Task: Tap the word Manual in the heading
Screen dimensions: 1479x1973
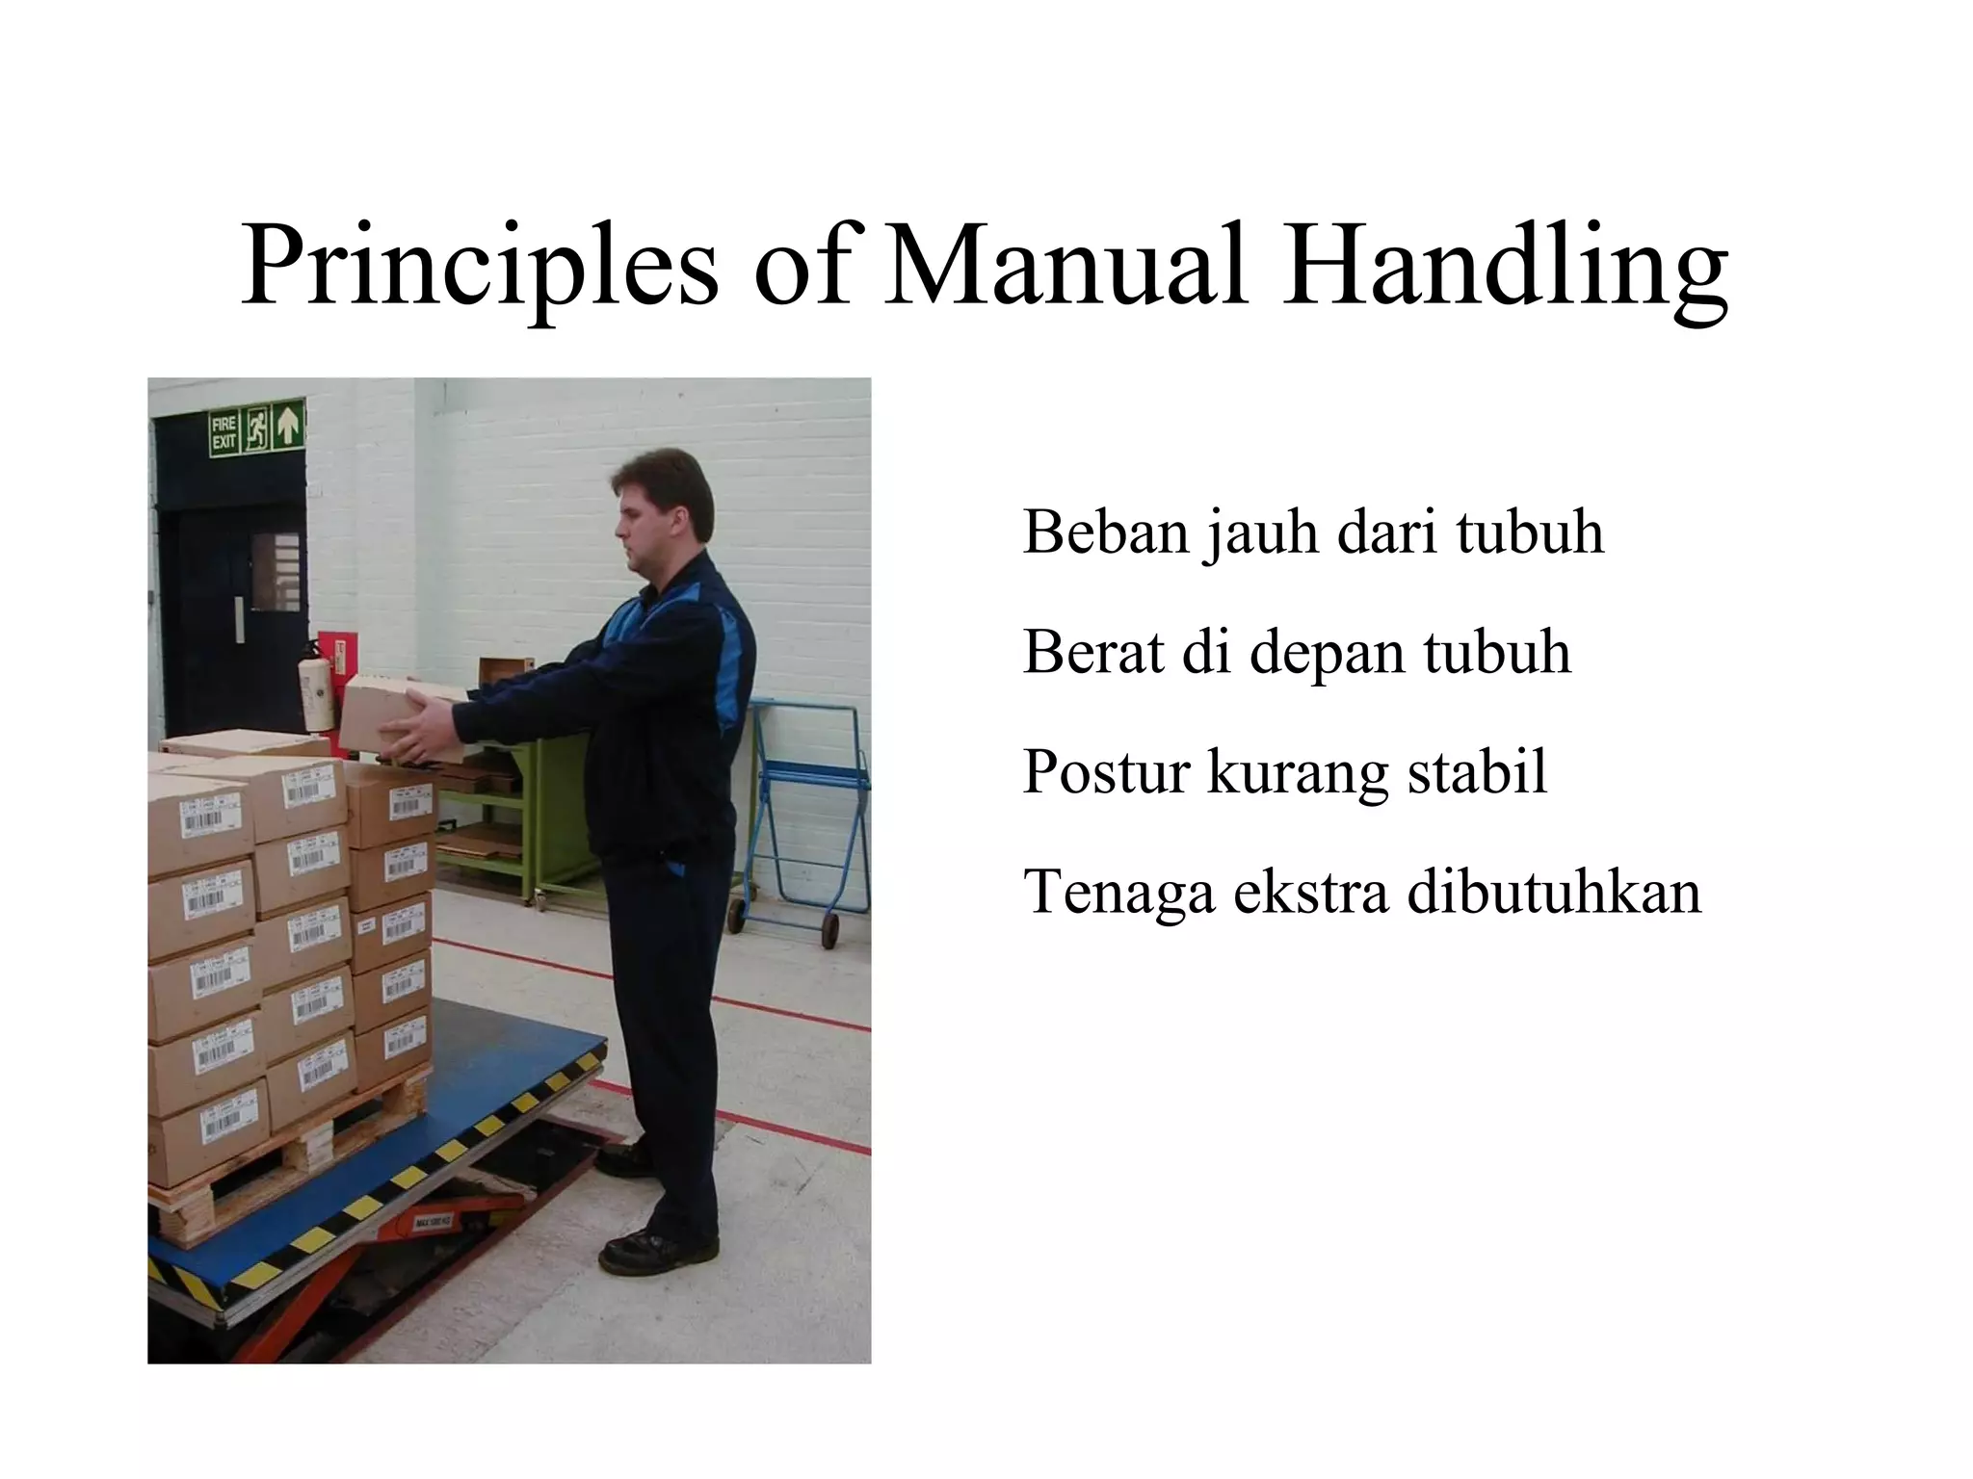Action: pyautogui.click(x=1065, y=265)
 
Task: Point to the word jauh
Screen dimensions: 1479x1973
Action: pyautogui.click(x=1259, y=532)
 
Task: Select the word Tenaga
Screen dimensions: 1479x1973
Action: pyautogui.click(x=1118, y=894)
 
